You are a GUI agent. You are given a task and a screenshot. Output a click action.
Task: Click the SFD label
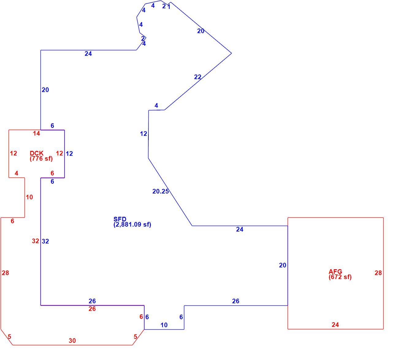point(120,219)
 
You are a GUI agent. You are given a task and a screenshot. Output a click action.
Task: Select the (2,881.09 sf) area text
point(132,224)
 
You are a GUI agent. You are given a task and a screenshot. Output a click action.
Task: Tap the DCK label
point(36,153)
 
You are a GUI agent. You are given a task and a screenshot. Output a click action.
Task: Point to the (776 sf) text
point(41,159)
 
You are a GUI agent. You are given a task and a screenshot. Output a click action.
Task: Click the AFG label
point(335,271)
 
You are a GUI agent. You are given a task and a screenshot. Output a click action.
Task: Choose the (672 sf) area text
point(340,277)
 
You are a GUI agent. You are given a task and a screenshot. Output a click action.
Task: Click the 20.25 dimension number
point(160,191)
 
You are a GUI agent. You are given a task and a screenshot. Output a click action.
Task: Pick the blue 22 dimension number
point(197,77)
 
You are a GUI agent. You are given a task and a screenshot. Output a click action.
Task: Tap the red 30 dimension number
point(72,341)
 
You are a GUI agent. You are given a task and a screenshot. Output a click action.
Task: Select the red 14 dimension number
point(36,133)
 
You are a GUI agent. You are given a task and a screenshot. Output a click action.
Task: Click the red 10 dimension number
point(29,197)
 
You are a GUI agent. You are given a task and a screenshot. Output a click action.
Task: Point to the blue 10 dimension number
point(164,325)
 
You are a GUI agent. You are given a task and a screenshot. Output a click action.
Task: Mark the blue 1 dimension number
point(169,7)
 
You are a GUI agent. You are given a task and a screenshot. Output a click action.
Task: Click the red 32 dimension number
point(36,241)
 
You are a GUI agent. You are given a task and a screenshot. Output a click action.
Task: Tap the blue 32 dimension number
point(45,241)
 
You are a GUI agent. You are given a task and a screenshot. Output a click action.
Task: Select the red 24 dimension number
point(335,325)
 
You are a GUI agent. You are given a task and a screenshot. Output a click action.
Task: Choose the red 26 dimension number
point(92,308)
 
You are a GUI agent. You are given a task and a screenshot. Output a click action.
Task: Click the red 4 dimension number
point(17,173)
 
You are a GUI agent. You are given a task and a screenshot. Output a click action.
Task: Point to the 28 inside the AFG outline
point(378,273)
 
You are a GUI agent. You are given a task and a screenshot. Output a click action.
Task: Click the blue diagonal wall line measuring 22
point(198,81)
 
